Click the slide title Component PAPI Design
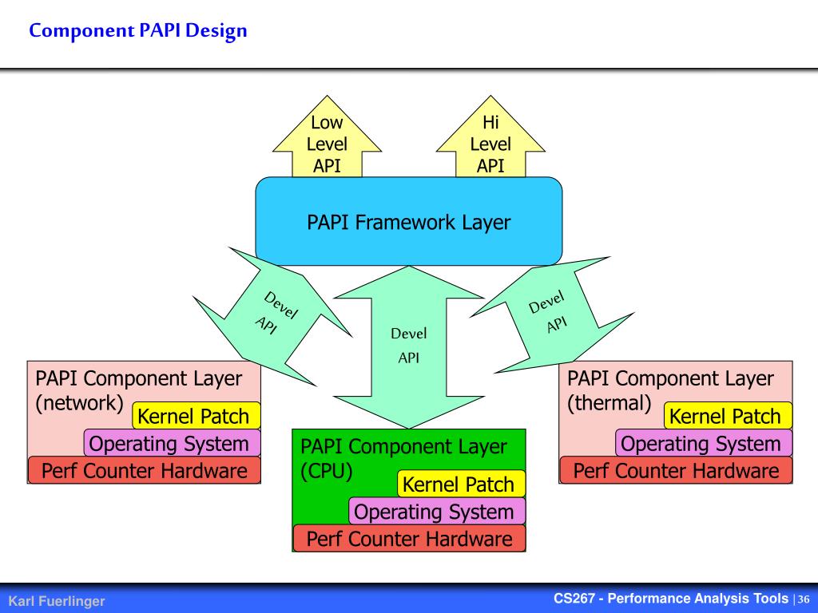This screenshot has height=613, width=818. point(137,31)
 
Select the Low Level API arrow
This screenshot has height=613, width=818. point(327,137)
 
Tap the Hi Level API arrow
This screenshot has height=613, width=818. point(490,137)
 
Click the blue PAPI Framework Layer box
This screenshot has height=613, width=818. point(408,222)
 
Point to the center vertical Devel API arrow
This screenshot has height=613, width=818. point(409,346)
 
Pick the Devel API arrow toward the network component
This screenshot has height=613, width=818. point(272,316)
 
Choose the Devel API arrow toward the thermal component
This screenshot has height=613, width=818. point(552,314)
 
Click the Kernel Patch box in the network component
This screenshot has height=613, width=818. point(197,416)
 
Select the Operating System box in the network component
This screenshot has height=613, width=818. point(173,444)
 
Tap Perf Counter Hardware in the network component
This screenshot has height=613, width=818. point(144,471)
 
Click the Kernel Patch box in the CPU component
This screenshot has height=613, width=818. point(461,484)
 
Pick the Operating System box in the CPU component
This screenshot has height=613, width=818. point(437,512)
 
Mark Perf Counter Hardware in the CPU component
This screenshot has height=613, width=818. point(409,539)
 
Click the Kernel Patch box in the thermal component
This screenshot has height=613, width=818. point(729,416)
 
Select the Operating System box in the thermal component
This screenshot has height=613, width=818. point(704,444)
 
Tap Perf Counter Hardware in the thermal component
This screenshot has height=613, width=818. point(676,471)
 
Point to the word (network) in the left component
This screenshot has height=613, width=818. point(79,403)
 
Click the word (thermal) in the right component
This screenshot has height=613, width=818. point(610,403)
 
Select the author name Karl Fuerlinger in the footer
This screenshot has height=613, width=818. point(57,601)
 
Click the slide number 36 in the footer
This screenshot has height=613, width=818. point(804,599)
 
